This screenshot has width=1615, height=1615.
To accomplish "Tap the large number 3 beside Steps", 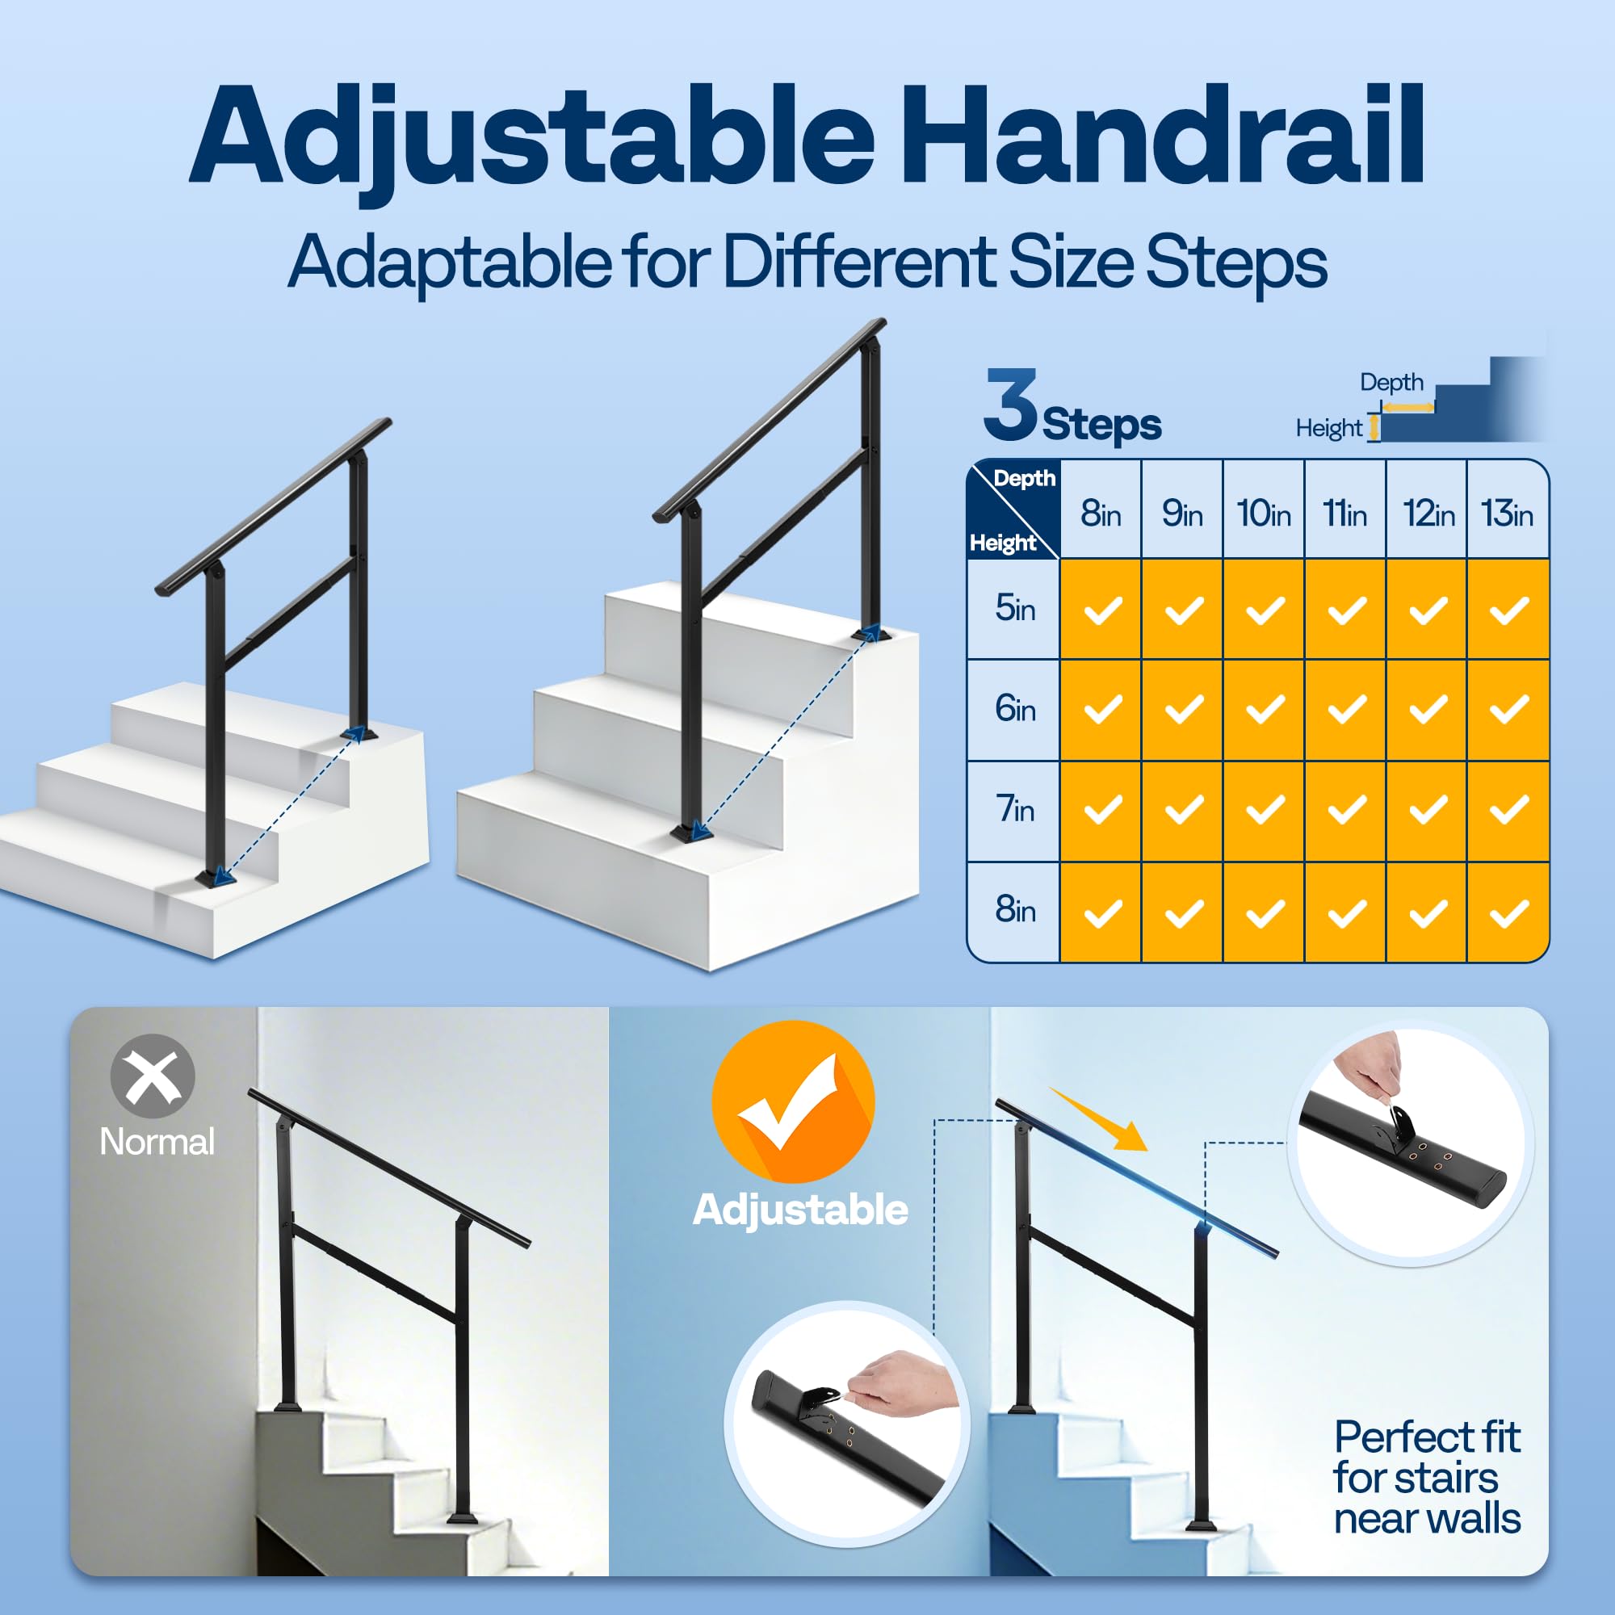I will [1011, 405].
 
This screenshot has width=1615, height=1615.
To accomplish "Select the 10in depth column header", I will [1263, 513].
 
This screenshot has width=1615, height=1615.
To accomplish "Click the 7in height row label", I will [1015, 809].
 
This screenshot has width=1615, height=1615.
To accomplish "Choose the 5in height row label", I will [1015, 608].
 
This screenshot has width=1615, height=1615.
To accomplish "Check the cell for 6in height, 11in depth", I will [1346, 710].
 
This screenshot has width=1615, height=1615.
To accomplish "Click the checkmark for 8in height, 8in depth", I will [1101, 912].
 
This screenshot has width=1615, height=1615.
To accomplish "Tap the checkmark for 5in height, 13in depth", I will [1508, 610].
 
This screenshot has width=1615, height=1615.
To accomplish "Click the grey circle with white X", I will [152, 1076].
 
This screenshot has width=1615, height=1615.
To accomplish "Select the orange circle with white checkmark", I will [792, 1101].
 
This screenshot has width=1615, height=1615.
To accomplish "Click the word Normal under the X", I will [157, 1142].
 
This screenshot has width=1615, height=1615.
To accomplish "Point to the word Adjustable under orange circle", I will [800, 1210].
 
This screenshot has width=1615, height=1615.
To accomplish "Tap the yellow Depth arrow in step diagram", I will [1407, 408].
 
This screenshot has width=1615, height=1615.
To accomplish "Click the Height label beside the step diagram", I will [1328, 428].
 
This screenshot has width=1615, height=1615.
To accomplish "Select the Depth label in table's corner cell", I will [1024, 478].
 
